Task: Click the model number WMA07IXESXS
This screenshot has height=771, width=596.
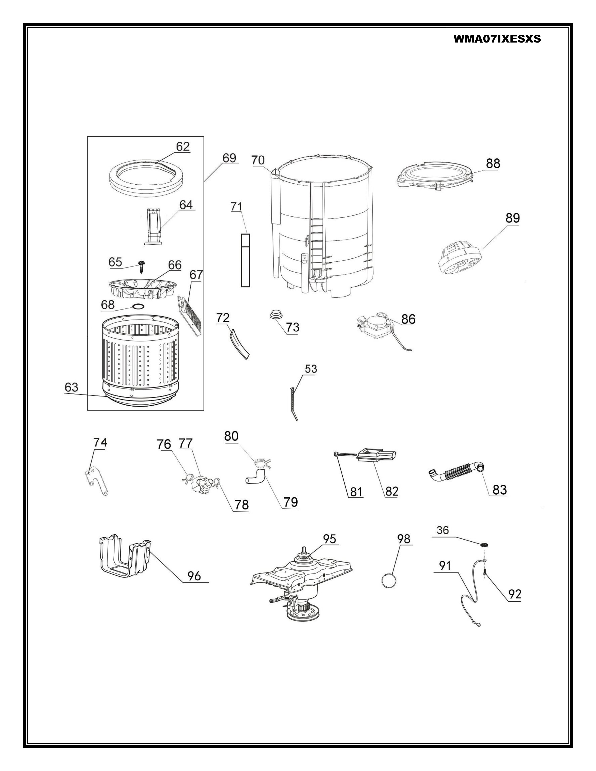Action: point(497,39)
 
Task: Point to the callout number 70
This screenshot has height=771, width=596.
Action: point(258,160)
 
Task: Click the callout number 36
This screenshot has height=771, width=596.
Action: point(442,530)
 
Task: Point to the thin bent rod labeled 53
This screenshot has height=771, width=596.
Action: point(293,403)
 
